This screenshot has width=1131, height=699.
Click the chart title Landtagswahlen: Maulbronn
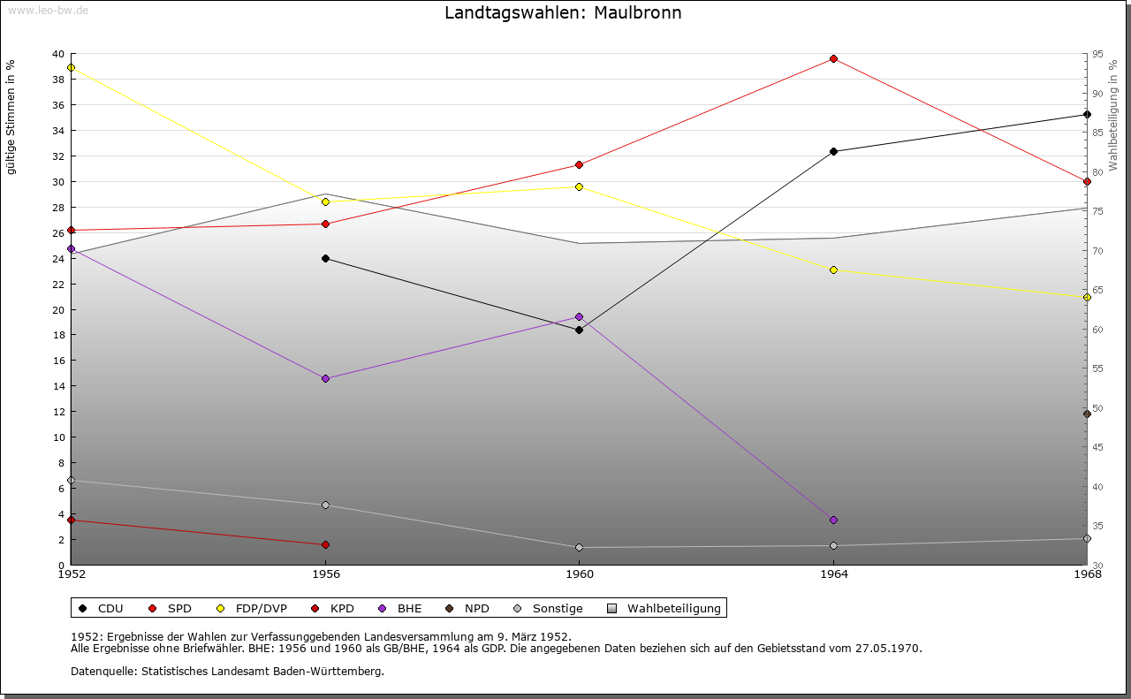tap(563, 13)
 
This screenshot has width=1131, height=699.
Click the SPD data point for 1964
tap(833, 59)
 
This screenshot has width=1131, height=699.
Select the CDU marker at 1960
tap(579, 331)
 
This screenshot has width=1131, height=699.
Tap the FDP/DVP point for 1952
tap(71, 68)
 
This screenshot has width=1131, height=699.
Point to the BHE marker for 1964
tap(833, 520)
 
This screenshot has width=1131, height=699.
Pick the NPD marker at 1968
tap(1087, 414)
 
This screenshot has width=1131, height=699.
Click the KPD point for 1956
tap(325, 545)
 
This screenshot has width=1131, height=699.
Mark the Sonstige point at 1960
tap(579, 548)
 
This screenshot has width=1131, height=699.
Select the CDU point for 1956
tap(325, 259)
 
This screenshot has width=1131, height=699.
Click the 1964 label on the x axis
tap(833, 574)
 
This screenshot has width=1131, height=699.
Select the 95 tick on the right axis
tap(1097, 54)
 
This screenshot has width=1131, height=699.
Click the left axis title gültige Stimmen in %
tap(11, 117)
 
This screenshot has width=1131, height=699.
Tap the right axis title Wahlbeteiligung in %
tap(1113, 116)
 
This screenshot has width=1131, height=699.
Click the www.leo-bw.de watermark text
tap(48, 10)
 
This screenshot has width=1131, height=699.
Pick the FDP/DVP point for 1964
tap(833, 270)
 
